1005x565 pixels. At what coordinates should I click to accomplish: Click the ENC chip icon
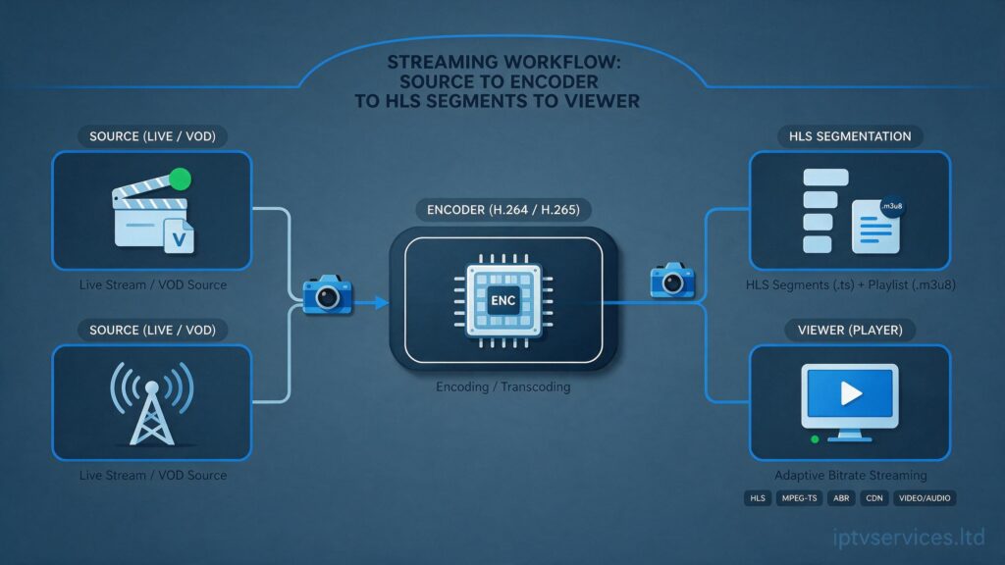503,300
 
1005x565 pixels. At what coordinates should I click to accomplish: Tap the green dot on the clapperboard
181,180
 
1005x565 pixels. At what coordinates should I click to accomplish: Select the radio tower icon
152,403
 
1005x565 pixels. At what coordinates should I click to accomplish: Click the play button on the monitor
851,392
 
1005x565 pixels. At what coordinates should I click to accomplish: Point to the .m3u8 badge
891,206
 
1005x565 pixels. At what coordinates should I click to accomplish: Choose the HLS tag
758,497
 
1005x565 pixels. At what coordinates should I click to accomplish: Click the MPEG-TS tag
799,497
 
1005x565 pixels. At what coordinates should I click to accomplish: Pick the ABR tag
841,497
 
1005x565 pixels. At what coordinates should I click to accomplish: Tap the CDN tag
874,497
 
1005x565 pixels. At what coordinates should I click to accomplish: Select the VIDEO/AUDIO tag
925,497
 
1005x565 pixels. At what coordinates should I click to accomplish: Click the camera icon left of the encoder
328,294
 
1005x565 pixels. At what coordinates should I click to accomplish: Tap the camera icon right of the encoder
672,280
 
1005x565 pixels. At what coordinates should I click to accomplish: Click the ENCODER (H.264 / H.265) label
503,210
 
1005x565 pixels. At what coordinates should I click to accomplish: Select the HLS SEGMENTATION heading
850,136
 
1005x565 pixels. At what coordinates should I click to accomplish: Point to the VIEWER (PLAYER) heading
850,330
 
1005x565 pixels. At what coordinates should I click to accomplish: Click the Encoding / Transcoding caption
503,386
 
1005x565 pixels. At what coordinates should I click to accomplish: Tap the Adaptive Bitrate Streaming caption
851,476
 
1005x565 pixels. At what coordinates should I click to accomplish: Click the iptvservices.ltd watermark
909,537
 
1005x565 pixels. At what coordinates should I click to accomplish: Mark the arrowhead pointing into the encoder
382,302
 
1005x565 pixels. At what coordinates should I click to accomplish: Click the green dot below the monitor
815,439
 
